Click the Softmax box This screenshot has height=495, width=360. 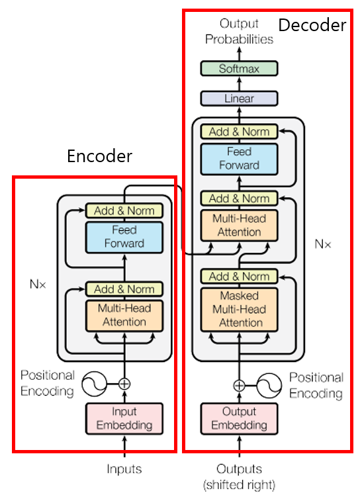(x=239, y=69)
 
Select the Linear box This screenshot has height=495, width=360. (x=239, y=99)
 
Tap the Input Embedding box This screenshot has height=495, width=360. (x=124, y=419)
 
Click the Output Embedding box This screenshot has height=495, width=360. (x=239, y=419)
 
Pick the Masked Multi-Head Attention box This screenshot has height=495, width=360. (x=239, y=310)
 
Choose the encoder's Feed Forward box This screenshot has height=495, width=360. (x=124, y=238)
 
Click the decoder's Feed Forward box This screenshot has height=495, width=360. (x=239, y=159)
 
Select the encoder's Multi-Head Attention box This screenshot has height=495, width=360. (x=124, y=316)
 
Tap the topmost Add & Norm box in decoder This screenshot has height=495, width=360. (x=239, y=132)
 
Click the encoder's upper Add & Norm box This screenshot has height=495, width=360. (x=124, y=210)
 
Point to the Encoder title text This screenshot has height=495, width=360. (x=99, y=156)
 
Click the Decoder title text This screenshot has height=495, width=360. (x=312, y=25)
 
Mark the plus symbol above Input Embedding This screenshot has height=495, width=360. (x=124, y=384)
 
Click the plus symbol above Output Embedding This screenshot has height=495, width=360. (x=239, y=385)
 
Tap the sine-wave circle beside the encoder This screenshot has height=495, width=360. (x=94, y=384)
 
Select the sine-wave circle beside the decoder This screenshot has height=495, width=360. (x=269, y=385)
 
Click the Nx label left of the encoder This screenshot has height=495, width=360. (x=38, y=284)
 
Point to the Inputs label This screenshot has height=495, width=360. (x=124, y=469)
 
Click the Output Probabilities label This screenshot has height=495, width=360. (x=239, y=31)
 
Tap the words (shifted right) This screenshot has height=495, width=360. (x=239, y=484)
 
